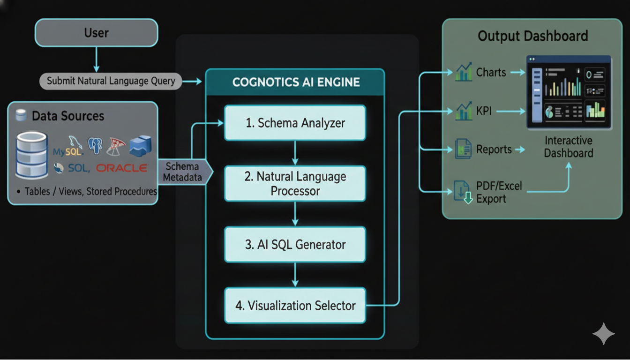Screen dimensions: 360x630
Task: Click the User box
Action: [96, 33]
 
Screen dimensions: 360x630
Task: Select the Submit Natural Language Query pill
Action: [111, 81]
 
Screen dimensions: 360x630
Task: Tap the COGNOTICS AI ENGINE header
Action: [296, 82]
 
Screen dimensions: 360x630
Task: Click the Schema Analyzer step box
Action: [295, 123]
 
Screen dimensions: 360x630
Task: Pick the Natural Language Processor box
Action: [295, 183]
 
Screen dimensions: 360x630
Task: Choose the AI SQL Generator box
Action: [295, 244]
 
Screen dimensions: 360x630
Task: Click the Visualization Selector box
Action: [295, 306]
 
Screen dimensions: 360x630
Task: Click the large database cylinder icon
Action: [32, 155]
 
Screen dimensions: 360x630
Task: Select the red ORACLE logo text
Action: [122, 168]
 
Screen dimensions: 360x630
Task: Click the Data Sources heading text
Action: [68, 116]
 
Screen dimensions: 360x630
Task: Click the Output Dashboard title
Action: [532, 36]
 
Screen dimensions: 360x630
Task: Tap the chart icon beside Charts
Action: [463, 73]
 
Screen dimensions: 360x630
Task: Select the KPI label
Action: [484, 112]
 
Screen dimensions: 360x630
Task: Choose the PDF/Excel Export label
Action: [499, 192]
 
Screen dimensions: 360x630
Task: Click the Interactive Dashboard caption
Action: [568, 147]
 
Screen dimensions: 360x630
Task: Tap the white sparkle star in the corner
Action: [603, 334]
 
